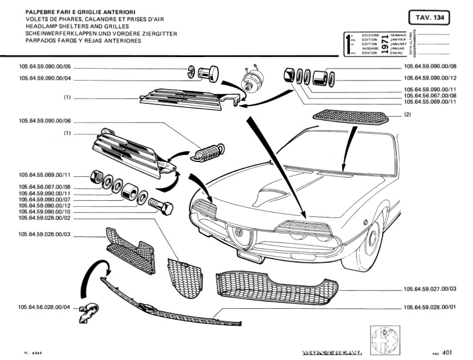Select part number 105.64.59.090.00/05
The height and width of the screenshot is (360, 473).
pyautogui.click(x=45, y=67)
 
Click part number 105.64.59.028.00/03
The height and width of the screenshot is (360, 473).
pyautogui.click(x=45, y=234)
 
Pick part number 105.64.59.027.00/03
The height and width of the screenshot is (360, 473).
pyautogui.click(x=430, y=289)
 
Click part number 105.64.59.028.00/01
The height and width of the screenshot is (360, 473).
pyautogui.click(x=430, y=307)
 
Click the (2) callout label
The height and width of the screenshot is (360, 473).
pyautogui.click(x=407, y=115)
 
